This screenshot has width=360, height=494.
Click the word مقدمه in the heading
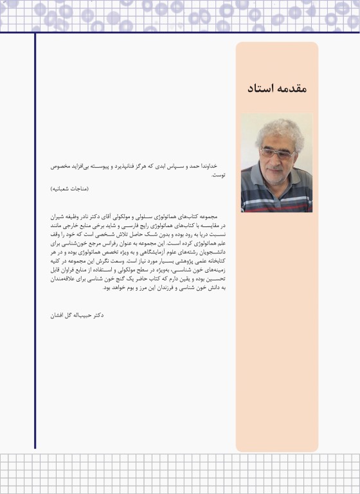(x=291, y=88)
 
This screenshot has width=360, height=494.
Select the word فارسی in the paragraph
(x=138, y=228)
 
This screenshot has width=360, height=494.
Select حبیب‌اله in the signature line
(x=78, y=316)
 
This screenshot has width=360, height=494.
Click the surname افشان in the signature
(x=54, y=316)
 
